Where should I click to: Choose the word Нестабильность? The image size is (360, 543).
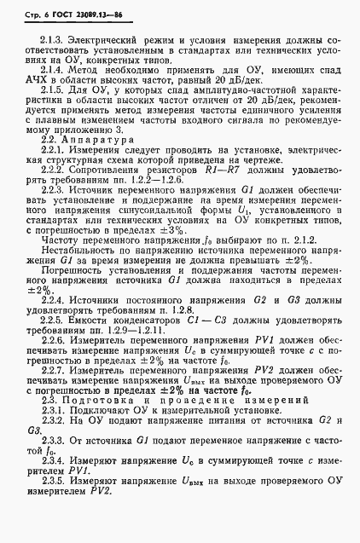click(x=78, y=275)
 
